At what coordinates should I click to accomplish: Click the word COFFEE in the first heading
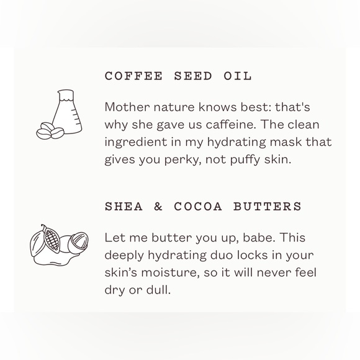coord(133,76)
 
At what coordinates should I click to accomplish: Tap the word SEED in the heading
coord(193,76)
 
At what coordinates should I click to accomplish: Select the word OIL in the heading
coord(238,76)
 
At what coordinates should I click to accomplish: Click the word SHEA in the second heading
coord(124,206)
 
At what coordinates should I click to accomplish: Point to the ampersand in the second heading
coord(158,206)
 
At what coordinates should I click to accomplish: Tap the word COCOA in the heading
coord(198,206)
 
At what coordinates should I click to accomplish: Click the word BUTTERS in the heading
coord(268,206)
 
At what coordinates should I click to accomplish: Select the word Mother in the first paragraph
coord(127,107)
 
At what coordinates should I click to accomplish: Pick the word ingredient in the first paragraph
coord(136,142)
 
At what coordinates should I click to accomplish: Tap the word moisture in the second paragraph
coord(170,272)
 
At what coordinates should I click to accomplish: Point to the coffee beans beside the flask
coord(50,132)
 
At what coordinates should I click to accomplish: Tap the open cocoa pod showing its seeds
coord(52,239)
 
